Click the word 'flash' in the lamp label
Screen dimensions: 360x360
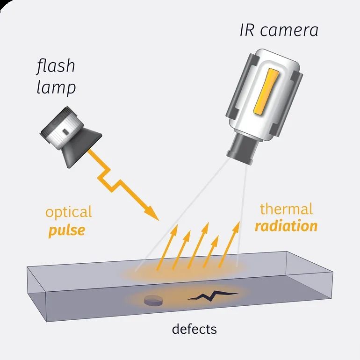56,66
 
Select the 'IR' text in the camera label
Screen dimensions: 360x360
247,30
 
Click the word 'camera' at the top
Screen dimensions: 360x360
289,31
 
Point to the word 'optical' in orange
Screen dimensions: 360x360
69,213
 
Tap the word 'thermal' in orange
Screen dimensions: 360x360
286,209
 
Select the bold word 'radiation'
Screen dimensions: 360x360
286,226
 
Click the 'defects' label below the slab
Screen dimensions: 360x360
194,329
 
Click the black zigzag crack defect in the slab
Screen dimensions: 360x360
213,295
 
